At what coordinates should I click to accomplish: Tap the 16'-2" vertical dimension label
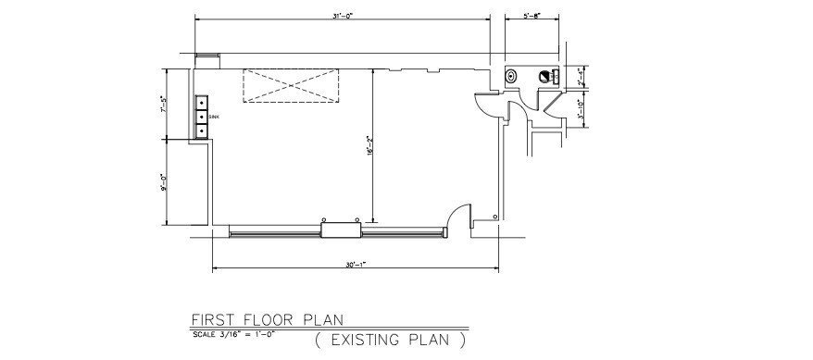[x=369, y=145]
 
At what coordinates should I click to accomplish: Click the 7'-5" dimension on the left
[x=162, y=104]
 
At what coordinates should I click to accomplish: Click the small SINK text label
[x=214, y=117]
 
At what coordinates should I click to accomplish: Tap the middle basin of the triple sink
[x=202, y=117]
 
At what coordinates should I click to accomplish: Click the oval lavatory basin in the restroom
[x=512, y=76]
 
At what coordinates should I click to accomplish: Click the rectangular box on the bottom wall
[x=340, y=230]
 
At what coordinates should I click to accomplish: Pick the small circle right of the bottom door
[x=498, y=217]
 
